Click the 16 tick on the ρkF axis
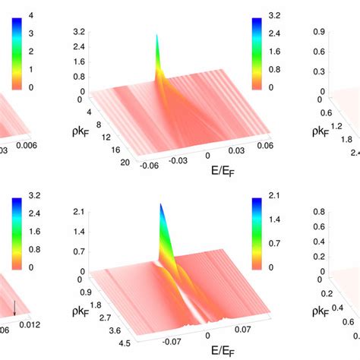click(95, 149)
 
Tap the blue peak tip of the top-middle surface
click(156, 35)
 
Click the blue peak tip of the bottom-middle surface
click(161, 206)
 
